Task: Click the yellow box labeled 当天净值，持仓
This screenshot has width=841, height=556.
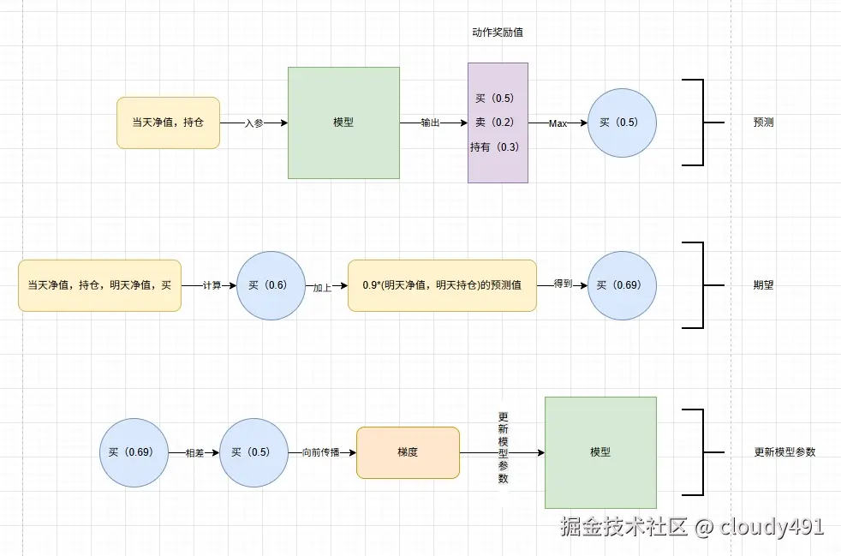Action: (168, 123)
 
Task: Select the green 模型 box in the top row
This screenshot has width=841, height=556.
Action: (343, 123)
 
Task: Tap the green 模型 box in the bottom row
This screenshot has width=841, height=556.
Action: (600, 451)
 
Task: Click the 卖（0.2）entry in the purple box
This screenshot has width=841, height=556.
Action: (495, 123)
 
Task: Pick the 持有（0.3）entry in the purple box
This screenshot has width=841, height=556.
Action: (495, 147)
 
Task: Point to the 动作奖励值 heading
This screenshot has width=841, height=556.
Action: (498, 33)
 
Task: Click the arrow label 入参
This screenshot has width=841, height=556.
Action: (253, 123)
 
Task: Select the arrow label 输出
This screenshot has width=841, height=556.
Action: (430, 123)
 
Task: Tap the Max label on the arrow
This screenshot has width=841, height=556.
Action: (558, 123)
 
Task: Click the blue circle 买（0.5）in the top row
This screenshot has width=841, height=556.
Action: (622, 123)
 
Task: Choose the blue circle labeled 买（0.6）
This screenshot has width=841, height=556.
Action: (271, 285)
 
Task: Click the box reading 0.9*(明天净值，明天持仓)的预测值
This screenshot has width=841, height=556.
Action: (442, 285)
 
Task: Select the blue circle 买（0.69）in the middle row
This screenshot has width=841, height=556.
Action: (622, 285)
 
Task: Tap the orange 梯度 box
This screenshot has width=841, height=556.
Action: (408, 452)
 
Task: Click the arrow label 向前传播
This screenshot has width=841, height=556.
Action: (320, 452)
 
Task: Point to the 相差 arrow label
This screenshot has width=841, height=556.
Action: (194, 452)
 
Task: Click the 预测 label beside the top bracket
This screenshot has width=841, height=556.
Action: (763, 123)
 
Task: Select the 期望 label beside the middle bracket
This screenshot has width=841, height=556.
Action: (763, 285)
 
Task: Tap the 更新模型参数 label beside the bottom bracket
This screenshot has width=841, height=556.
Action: (784, 452)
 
